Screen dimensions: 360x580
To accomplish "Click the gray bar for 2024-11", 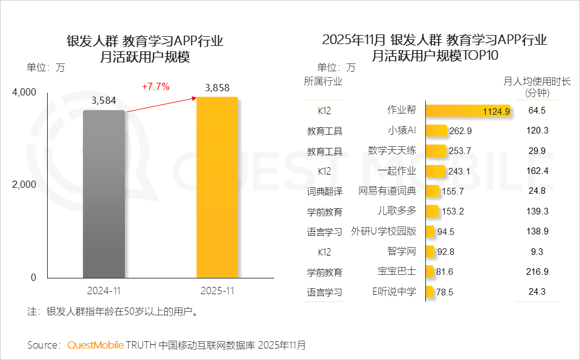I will (x=104, y=193).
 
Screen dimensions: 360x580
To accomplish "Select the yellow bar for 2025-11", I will (x=217, y=187).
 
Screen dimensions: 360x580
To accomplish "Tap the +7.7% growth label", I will (x=156, y=86).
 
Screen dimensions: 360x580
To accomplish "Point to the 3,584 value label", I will (x=104, y=101).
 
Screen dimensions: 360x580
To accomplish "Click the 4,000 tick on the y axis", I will (x=25, y=92).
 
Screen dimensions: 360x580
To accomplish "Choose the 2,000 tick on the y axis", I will (x=25, y=184).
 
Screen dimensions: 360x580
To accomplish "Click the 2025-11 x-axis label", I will (x=217, y=291).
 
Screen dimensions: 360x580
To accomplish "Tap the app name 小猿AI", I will (x=402, y=130).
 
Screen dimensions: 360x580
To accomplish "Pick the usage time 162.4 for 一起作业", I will (x=536, y=171).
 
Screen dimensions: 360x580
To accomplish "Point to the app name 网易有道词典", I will (x=387, y=191).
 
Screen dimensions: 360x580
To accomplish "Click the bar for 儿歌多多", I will (x=432, y=211).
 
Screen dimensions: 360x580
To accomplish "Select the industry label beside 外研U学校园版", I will (x=324, y=232).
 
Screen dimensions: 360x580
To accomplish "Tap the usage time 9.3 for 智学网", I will (x=536, y=252).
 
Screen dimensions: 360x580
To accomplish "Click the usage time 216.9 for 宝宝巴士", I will (x=536, y=272).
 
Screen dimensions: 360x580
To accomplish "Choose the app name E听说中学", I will (x=394, y=292).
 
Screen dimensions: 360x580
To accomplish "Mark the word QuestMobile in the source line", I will (x=95, y=346).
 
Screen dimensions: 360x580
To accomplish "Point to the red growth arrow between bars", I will (x=160, y=103).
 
